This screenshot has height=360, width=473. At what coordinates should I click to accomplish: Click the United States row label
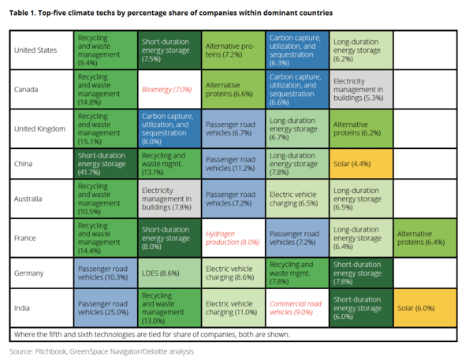pyautogui.click(x=36, y=50)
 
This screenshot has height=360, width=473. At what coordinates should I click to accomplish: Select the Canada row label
pyautogui.click(x=27, y=89)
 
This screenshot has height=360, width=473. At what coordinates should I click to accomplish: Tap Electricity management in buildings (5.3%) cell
pyautogui.click(x=360, y=89)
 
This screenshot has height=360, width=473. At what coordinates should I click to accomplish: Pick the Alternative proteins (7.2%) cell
pyautogui.click(x=232, y=50)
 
